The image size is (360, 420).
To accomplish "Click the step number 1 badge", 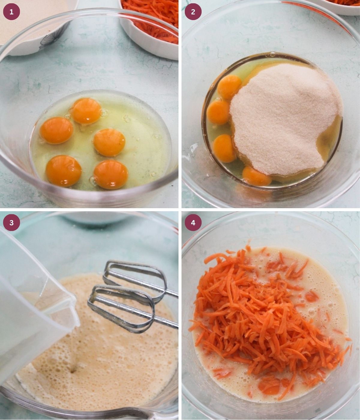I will pyautogui.click(x=11, y=12).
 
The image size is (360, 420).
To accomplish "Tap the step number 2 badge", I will pyautogui.click(x=193, y=12).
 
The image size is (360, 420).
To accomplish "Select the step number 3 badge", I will pyautogui.click(x=11, y=223).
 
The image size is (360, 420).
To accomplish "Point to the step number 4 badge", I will pyautogui.click(x=193, y=223).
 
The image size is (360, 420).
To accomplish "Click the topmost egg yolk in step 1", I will pyautogui.click(x=86, y=111).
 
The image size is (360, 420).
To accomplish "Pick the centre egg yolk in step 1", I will pyautogui.click(x=109, y=142).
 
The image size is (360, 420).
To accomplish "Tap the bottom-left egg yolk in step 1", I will pyautogui.click(x=64, y=171).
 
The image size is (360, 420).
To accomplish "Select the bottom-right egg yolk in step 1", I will pyautogui.click(x=111, y=174).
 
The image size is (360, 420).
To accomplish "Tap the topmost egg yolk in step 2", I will pyautogui.click(x=229, y=87).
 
